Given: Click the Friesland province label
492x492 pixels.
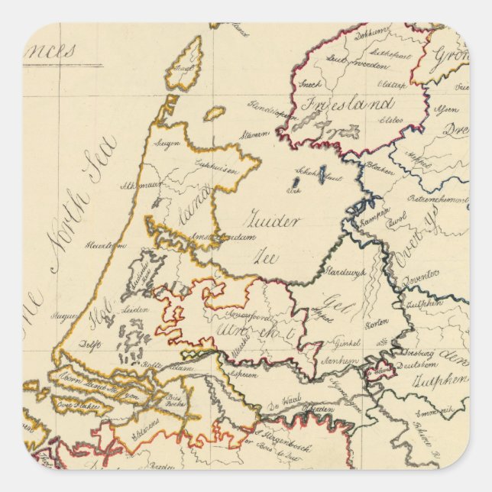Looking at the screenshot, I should click(348, 105).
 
